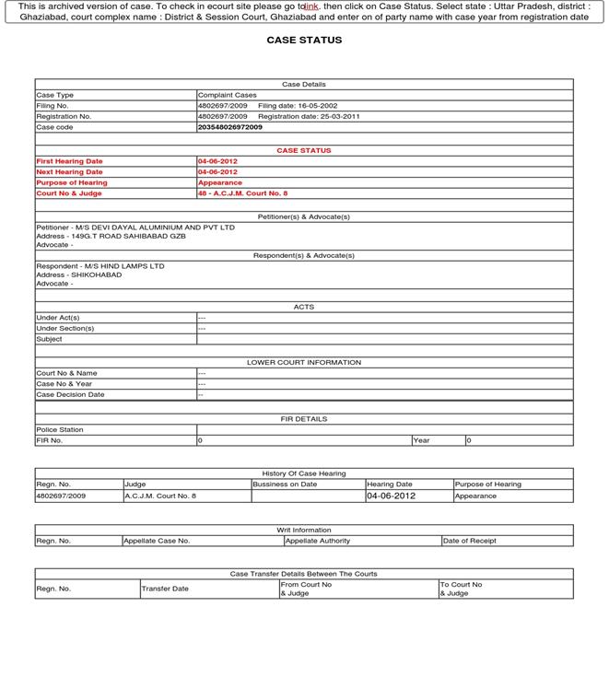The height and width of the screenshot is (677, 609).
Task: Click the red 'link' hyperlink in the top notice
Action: pos(310,6)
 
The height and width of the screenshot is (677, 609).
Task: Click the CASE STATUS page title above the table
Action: pos(304,41)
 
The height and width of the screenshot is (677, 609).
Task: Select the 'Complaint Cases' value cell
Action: pos(228,95)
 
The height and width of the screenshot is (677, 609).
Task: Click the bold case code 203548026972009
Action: pos(229,127)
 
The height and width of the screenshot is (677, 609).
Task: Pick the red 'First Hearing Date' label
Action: pos(70,161)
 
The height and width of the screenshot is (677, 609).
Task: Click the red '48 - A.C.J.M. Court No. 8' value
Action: pos(242,193)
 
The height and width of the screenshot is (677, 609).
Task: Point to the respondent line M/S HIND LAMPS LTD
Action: pos(100,266)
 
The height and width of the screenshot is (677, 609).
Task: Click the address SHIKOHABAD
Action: pos(79,274)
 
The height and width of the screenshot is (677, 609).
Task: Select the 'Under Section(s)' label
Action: pos(65,328)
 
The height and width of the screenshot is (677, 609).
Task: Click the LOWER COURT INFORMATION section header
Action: pos(304,362)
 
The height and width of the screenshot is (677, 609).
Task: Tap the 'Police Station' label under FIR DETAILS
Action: pos(60,429)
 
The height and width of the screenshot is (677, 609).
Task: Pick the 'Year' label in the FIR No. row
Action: pos(422,440)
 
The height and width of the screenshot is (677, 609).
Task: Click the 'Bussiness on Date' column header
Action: pos(285,484)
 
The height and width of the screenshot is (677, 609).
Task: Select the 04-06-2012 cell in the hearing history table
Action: pos(392,496)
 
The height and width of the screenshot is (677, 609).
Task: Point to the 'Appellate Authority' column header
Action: pos(318,541)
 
